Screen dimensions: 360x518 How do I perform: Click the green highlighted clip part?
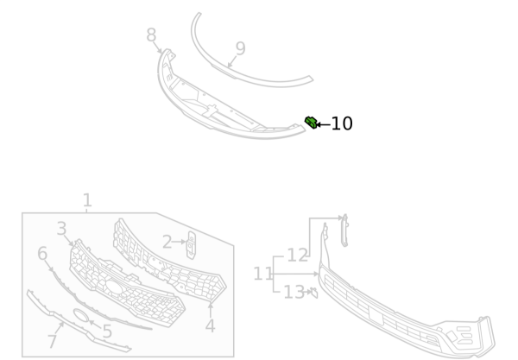(x=310, y=122)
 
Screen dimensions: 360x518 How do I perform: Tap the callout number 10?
(x=342, y=124)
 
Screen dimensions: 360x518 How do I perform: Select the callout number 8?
(x=151, y=35)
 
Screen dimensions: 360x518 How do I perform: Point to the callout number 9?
(x=240, y=48)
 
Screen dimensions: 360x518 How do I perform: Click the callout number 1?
(x=86, y=200)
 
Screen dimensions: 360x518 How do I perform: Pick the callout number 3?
(x=61, y=229)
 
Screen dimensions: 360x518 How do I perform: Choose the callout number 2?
(x=167, y=243)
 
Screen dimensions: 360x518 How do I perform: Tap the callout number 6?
(x=41, y=254)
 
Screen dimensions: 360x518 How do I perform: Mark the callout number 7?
(x=52, y=342)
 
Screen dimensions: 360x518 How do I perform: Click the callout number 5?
(x=107, y=332)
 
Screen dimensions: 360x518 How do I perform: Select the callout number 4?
(x=210, y=326)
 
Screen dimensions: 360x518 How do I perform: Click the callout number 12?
(x=297, y=256)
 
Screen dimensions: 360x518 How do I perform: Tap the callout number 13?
(x=294, y=293)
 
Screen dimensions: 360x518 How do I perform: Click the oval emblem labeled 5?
(x=82, y=316)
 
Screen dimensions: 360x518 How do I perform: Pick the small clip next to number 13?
(x=313, y=293)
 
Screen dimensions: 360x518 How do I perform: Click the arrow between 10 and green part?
(x=323, y=124)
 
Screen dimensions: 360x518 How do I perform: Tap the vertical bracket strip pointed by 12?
(x=344, y=229)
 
